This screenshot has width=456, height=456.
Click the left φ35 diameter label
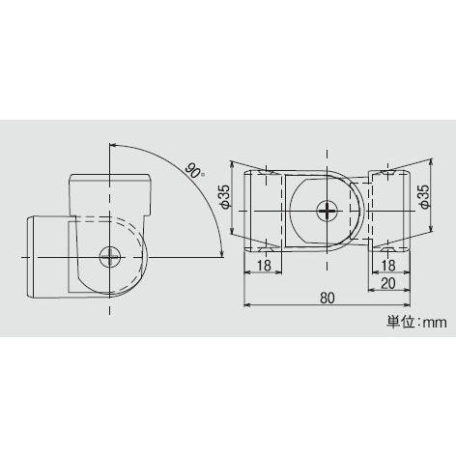pyautogui.click(x=224, y=197)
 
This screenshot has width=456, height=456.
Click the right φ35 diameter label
pyautogui.click(x=424, y=198)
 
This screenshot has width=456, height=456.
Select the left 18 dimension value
pyautogui.click(x=262, y=265)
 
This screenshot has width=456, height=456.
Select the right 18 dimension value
pyautogui.click(x=389, y=265)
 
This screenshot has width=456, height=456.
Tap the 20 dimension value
pyautogui.click(x=388, y=283)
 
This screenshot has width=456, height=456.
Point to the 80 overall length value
pyautogui.click(x=328, y=299)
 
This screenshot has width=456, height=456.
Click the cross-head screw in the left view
pyautogui.click(x=111, y=256)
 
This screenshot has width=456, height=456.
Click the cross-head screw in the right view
pyautogui.click(x=328, y=210)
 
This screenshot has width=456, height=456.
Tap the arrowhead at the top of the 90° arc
pyautogui.click(x=117, y=144)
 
